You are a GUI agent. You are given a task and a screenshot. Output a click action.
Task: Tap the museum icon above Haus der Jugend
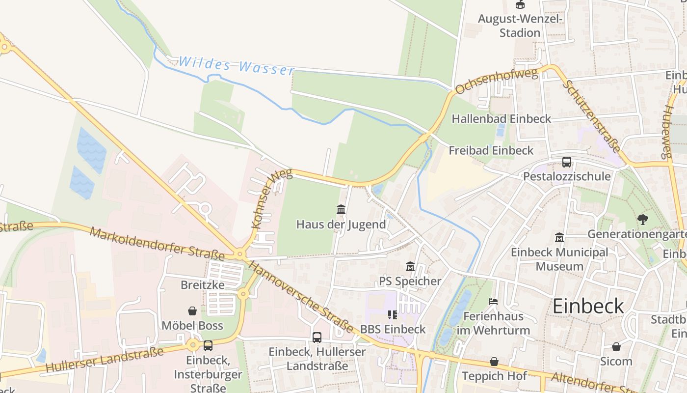click(341, 210)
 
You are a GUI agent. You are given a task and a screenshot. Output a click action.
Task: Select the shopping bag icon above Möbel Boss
click(192, 311)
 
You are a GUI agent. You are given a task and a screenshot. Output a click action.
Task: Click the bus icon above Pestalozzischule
click(566, 162)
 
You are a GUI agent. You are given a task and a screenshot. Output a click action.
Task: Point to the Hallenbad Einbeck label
click(501, 119)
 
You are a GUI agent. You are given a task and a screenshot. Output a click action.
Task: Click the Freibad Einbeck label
click(491, 150)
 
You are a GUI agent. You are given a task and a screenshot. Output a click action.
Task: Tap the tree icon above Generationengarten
click(642, 219)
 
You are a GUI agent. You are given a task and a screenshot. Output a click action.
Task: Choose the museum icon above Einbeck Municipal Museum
click(559, 238)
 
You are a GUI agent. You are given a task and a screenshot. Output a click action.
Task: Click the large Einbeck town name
click(588, 306)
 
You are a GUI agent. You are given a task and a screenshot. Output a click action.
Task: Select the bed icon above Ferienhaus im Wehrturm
click(493, 301)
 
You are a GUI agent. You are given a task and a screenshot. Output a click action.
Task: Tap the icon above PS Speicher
click(410, 266)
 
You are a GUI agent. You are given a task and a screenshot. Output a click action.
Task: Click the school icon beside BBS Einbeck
click(392, 314)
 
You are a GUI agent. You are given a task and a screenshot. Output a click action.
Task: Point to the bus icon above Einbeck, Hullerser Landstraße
click(317, 337)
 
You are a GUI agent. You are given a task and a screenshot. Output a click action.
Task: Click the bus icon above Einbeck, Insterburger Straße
click(208, 345)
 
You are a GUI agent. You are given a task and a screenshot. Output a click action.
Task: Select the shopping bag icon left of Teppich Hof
click(494, 362)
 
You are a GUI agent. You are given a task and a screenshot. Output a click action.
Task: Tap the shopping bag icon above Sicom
click(616, 347)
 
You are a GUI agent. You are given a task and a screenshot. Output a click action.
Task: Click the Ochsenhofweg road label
click(497, 82)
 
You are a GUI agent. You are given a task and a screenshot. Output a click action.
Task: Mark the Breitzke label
click(202, 285)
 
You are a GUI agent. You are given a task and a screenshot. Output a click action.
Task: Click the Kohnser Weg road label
click(271, 198)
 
